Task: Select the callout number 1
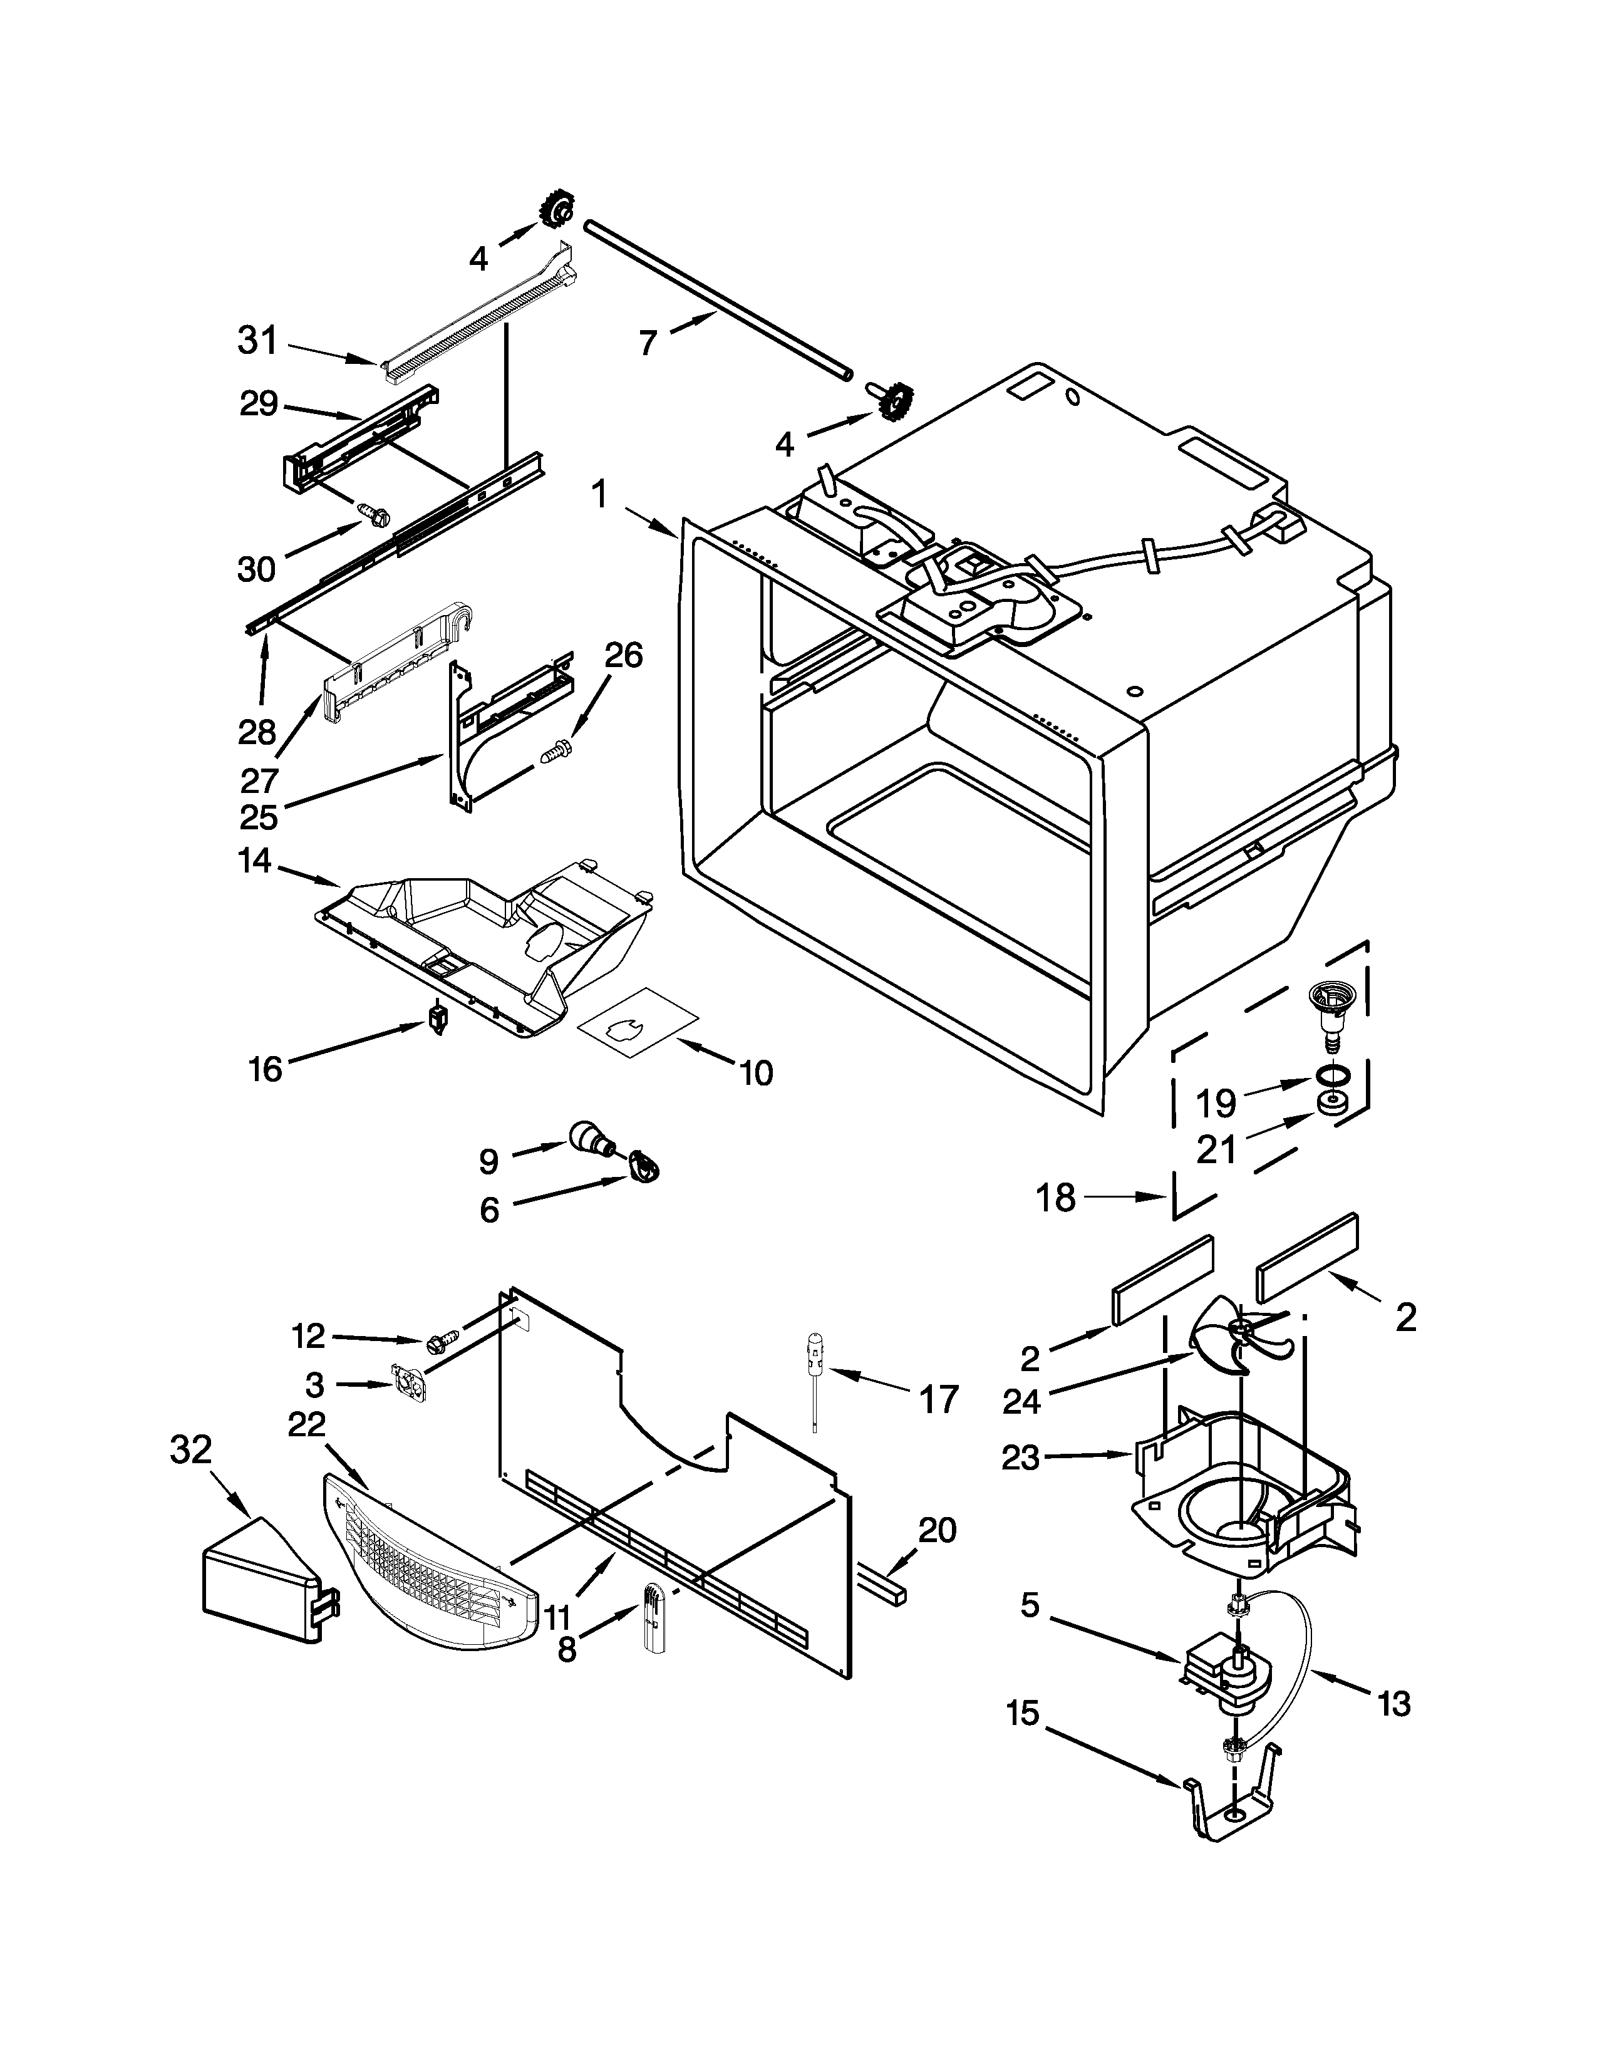(599, 496)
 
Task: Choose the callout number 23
(1021, 1458)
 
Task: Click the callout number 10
(756, 1072)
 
